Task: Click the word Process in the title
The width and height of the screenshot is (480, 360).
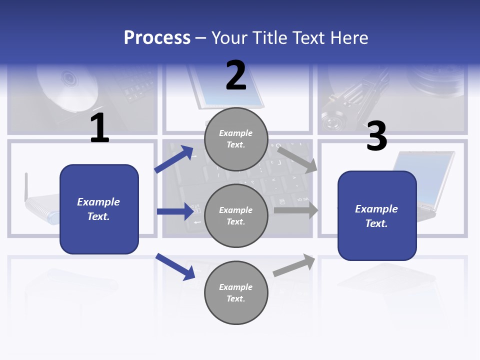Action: tap(157, 38)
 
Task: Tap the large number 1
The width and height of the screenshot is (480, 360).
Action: tap(99, 128)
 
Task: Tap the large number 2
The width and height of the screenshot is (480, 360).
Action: tap(236, 75)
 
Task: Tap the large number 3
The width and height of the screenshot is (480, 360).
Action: tap(376, 136)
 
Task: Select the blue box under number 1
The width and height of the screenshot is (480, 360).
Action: tap(99, 209)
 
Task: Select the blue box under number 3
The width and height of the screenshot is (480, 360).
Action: tap(377, 215)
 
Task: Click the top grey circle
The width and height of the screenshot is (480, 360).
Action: tap(236, 139)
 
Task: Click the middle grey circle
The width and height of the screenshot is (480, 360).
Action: tap(236, 215)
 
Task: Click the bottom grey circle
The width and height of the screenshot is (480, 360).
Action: tap(236, 292)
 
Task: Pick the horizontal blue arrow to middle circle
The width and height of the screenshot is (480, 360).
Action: tap(175, 211)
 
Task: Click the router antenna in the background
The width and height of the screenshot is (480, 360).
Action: tap(26, 187)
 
